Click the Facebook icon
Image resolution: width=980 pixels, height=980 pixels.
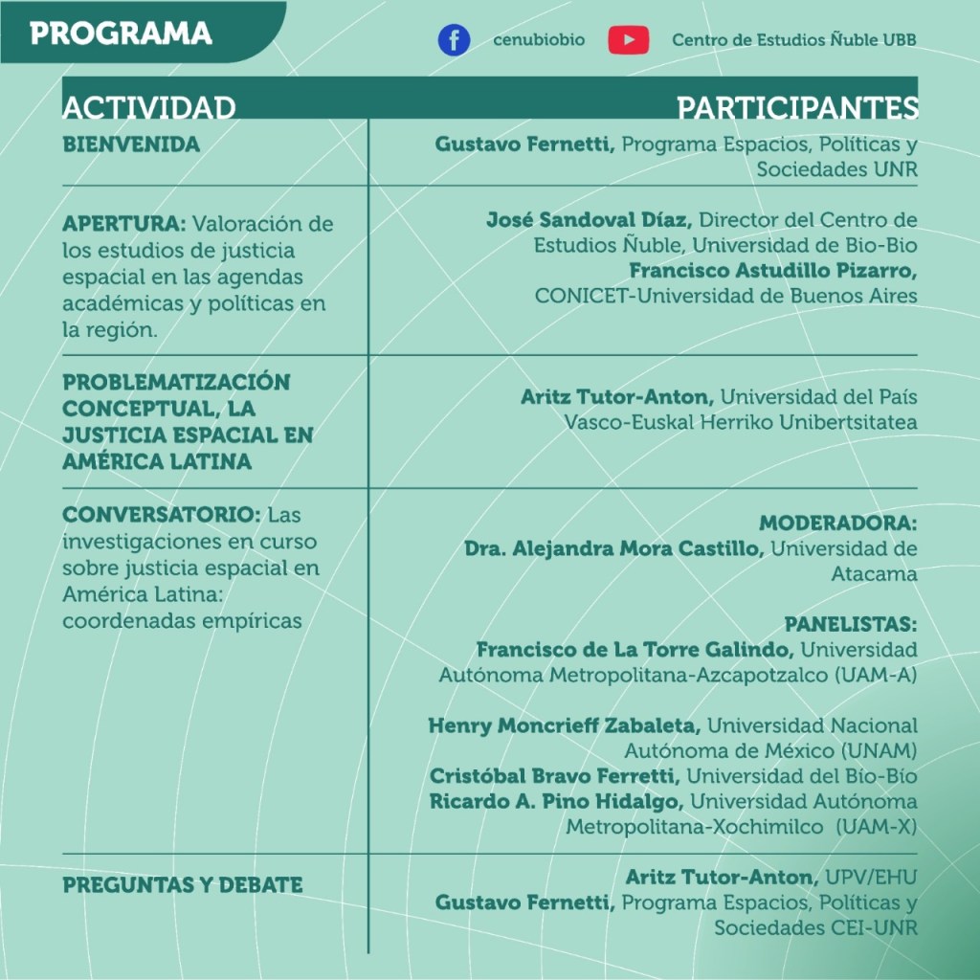click(454, 40)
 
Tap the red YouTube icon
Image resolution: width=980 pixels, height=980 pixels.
click(628, 40)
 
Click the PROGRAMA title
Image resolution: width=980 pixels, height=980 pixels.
click(121, 33)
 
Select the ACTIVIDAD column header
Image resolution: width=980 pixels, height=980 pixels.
click(149, 107)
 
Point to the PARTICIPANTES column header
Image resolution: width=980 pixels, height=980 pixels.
click(797, 107)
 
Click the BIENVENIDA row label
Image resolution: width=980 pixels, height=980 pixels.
click(131, 145)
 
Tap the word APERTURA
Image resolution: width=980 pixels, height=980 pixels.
click(123, 225)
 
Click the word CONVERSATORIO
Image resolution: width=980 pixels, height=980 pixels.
click(161, 515)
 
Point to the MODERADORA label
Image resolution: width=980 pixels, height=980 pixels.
click(837, 523)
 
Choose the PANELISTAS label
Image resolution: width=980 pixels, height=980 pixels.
click(851, 624)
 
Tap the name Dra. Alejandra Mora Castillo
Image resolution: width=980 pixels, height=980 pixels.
click(613, 549)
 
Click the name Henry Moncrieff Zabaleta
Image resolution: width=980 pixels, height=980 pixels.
click(564, 725)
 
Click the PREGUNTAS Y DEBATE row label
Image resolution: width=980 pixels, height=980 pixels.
click(182, 885)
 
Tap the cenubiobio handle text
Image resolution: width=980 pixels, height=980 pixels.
click(531, 40)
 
